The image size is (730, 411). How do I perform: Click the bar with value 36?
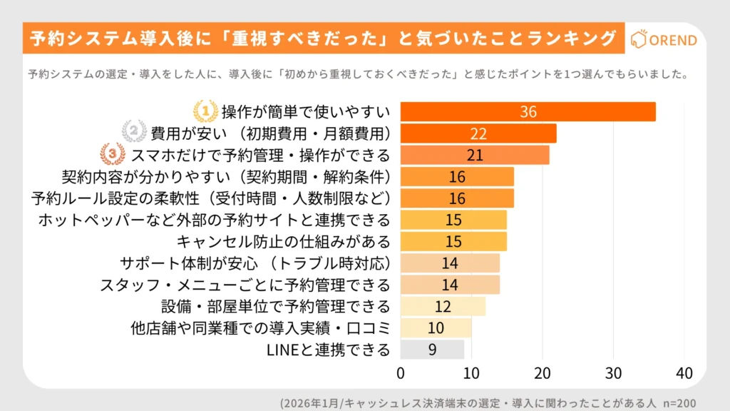(x=528, y=112)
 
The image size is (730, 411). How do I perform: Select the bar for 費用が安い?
(x=478, y=133)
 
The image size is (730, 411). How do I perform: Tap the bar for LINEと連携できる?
(x=432, y=350)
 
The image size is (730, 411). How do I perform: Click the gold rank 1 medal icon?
(x=205, y=111)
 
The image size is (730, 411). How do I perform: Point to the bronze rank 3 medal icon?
(x=112, y=155)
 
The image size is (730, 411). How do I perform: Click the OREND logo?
(x=665, y=40)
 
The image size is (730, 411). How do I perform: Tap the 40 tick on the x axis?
(x=684, y=372)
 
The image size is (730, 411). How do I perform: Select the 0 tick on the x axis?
(x=401, y=372)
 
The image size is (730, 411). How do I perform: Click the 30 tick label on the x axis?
(x=613, y=372)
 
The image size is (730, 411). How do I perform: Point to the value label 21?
(x=474, y=155)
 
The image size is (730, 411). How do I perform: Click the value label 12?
(x=442, y=307)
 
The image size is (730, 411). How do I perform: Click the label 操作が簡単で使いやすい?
(x=306, y=112)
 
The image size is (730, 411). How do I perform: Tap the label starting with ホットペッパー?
(x=215, y=220)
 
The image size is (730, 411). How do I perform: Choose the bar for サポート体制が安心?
(x=450, y=263)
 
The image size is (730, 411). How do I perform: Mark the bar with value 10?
(x=436, y=328)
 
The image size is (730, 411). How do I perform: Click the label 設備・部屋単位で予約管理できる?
(x=276, y=307)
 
